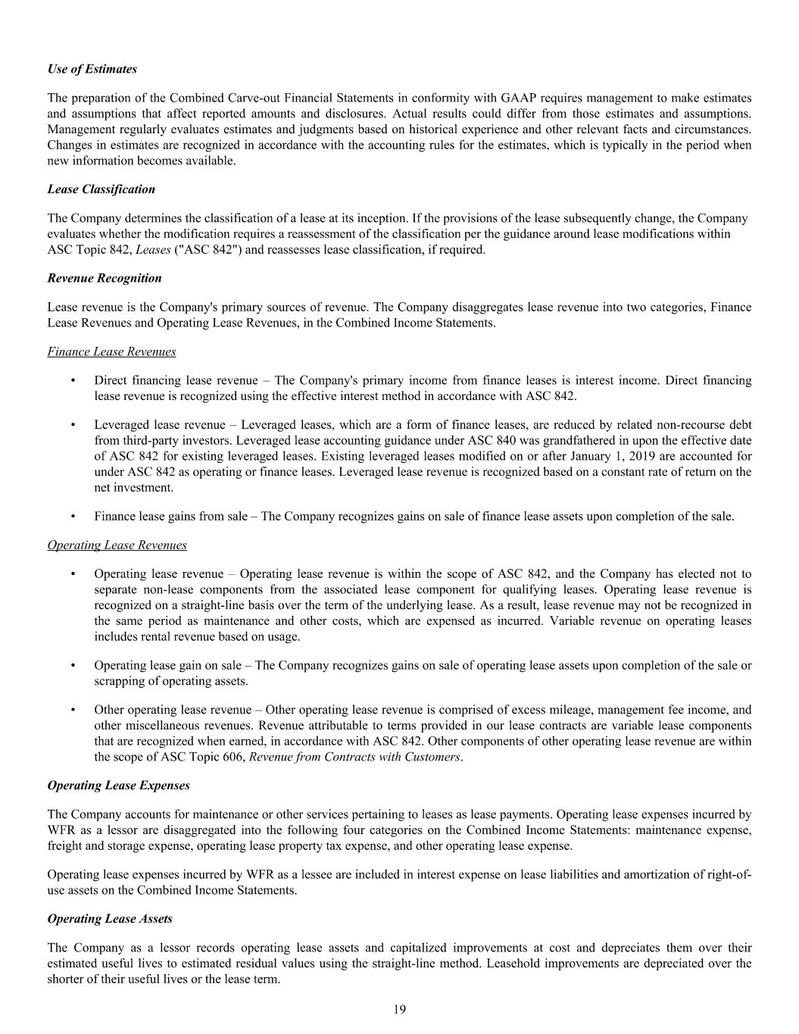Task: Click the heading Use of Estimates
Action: point(92,69)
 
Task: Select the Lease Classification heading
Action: point(101,189)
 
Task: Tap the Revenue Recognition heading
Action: point(104,278)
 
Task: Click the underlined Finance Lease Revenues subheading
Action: point(111,351)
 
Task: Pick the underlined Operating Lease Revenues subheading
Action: point(117,545)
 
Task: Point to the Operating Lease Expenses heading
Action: point(118,786)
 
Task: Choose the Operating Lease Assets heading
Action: point(110,919)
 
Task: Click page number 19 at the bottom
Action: point(399,1009)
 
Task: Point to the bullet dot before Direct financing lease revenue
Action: point(72,380)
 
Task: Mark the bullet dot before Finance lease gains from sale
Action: point(72,517)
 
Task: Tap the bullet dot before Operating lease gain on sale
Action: point(72,665)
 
